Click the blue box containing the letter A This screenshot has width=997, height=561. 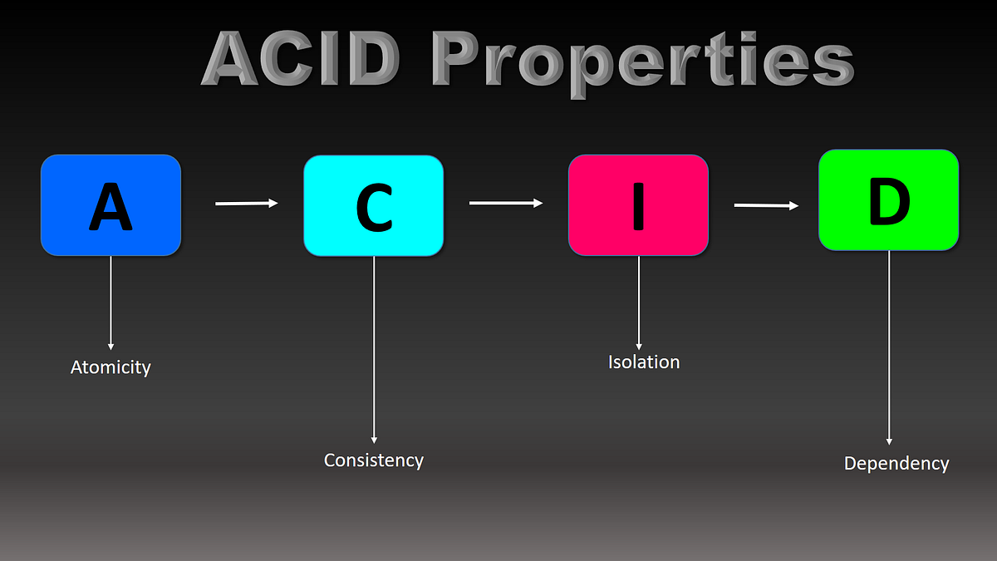click(111, 204)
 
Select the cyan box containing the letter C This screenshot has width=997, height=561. click(373, 205)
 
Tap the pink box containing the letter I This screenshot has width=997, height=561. click(638, 204)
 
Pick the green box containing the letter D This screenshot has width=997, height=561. click(888, 199)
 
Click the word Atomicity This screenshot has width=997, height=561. click(111, 367)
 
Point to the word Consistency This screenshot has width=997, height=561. click(374, 460)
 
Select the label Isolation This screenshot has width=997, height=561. click(644, 362)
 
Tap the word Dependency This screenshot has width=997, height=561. click(896, 463)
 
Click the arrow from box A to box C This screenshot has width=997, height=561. click(247, 203)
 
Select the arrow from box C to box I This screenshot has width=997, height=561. click(505, 202)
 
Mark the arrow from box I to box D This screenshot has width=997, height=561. click(766, 204)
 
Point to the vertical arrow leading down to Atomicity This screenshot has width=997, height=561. click(111, 303)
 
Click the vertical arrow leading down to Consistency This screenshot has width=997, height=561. click(374, 349)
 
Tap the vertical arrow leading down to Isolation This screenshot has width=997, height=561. click(639, 303)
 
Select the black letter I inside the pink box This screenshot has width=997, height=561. click(638, 204)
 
